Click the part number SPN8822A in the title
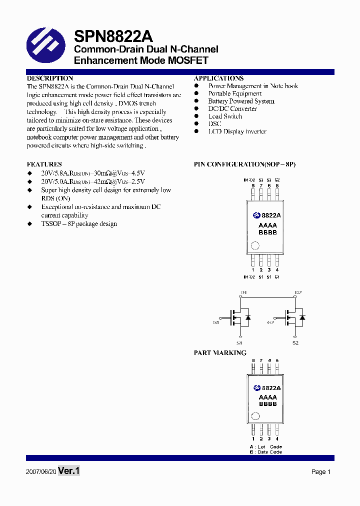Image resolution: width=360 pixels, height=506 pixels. click(x=113, y=36)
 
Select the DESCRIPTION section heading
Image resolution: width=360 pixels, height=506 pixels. click(x=49, y=78)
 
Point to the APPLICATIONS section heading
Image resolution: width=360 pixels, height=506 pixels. click(x=218, y=78)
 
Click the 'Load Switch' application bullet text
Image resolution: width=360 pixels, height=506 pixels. click(x=225, y=116)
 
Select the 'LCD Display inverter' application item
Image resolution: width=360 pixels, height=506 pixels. click(x=237, y=131)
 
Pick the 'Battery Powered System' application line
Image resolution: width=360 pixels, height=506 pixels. click(x=241, y=101)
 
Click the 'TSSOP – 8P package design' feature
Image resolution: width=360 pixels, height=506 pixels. click(x=79, y=224)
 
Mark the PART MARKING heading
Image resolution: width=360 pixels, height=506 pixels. click(x=220, y=353)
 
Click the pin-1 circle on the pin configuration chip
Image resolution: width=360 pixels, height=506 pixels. click(x=255, y=245)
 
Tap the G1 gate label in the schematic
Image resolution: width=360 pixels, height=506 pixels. click(x=216, y=322)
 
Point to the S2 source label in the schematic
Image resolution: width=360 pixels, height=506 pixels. click(x=295, y=343)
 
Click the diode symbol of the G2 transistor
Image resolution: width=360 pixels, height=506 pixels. click(x=302, y=317)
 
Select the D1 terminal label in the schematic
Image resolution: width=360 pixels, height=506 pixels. click(x=243, y=292)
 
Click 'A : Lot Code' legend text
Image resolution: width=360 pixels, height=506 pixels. click(x=265, y=446)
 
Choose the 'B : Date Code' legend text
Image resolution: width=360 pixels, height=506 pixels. click(x=265, y=452)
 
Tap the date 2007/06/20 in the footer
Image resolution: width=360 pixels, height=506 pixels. click(x=41, y=472)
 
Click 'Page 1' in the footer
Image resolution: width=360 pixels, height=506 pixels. click(x=321, y=472)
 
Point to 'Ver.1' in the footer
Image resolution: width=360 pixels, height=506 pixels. click(x=69, y=471)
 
